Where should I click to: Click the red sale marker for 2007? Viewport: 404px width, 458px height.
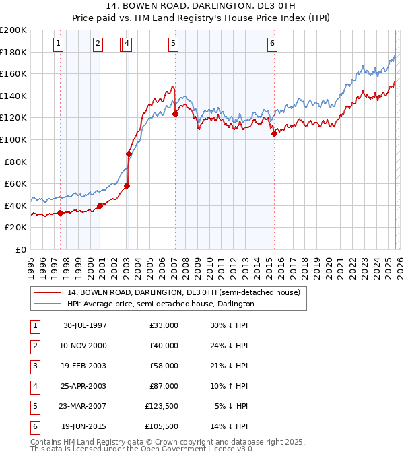[x=175, y=114]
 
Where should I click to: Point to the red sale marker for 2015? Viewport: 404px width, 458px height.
[x=274, y=133]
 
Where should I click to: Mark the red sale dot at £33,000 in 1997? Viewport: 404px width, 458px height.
[x=61, y=213]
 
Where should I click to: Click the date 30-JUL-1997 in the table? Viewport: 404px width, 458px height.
[x=85, y=325]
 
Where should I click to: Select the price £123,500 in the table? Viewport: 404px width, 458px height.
[x=161, y=406]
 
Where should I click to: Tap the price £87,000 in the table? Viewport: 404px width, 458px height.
[x=164, y=386]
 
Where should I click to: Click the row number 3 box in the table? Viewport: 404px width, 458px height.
[x=34, y=366]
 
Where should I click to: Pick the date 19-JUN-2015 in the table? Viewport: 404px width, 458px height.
[x=85, y=426]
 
